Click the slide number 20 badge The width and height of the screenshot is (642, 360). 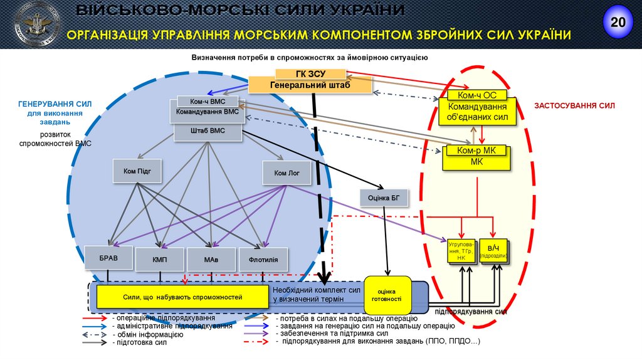618,23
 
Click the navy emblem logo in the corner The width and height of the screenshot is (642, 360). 38,23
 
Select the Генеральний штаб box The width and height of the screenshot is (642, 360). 310,85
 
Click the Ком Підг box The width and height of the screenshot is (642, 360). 133,171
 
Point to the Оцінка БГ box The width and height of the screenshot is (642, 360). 384,198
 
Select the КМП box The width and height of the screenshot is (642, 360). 159,259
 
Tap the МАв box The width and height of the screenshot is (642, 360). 211,259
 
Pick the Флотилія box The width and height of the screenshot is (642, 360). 263,259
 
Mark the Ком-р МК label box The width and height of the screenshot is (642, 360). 476,151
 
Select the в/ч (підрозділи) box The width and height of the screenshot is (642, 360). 493,251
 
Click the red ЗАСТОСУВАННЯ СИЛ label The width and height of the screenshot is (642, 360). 574,106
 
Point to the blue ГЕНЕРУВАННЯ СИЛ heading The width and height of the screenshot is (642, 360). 55,105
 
